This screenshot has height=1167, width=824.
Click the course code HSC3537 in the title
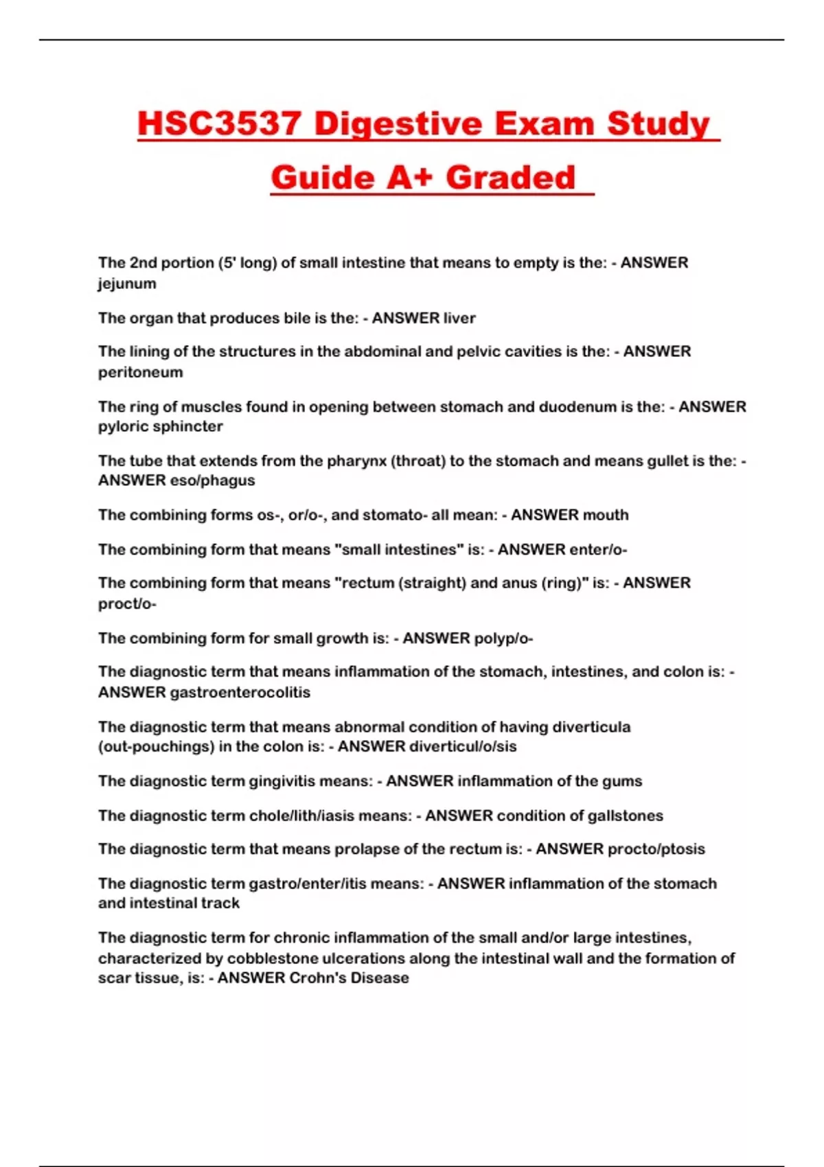point(219,124)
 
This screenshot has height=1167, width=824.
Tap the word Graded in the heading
point(510,177)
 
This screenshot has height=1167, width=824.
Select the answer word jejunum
point(127,284)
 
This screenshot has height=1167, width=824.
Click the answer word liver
point(459,318)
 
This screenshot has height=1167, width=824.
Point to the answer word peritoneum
point(140,372)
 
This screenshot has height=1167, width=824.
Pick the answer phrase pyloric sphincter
point(160,426)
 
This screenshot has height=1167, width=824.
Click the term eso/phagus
point(212,481)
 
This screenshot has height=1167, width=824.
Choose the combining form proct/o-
point(127,603)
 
